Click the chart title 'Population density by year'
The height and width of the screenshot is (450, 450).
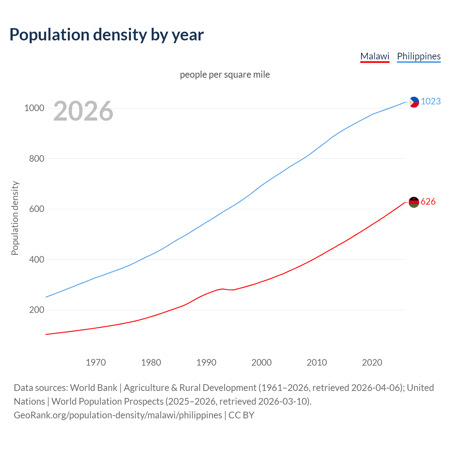[107, 35]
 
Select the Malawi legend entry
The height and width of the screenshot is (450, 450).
[375, 56]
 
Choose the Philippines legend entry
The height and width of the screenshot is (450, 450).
[419, 56]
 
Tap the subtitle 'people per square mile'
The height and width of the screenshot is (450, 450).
[225, 75]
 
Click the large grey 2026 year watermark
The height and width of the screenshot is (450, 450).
[83, 111]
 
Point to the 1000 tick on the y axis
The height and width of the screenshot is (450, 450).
[34, 108]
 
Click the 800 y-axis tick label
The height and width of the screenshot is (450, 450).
[37, 159]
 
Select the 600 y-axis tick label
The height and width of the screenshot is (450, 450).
[37, 209]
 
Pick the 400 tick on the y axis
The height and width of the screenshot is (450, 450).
[37, 259]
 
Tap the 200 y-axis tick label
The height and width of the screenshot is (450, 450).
[37, 310]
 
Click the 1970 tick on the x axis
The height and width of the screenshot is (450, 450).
[96, 362]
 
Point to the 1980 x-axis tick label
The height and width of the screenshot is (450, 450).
[151, 362]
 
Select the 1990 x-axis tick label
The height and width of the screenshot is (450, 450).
[206, 362]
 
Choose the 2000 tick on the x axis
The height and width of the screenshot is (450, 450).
[262, 362]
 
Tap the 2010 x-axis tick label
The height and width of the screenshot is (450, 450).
[317, 362]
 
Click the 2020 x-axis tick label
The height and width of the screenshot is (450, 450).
[372, 362]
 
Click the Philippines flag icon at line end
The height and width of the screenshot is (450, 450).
[414, 102]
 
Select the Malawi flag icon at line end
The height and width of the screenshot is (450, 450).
[414, 202]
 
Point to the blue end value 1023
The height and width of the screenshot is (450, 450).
[431, 101]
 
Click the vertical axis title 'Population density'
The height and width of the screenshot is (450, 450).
[15, 218]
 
